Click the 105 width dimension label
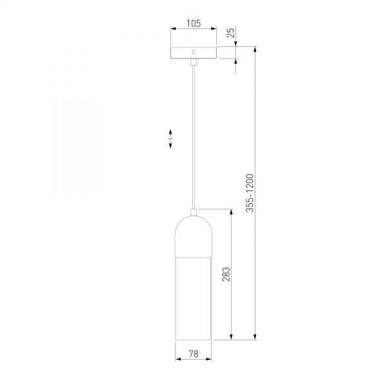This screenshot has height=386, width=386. coord(193,23)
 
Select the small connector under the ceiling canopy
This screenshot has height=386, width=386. coord(193,62)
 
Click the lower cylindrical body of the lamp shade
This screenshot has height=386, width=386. coord(193,296)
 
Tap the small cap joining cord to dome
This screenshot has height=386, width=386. coord(193,212)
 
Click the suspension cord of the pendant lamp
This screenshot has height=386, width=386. coord(193,135)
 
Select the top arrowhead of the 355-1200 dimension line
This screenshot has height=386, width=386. coord(256,50)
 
